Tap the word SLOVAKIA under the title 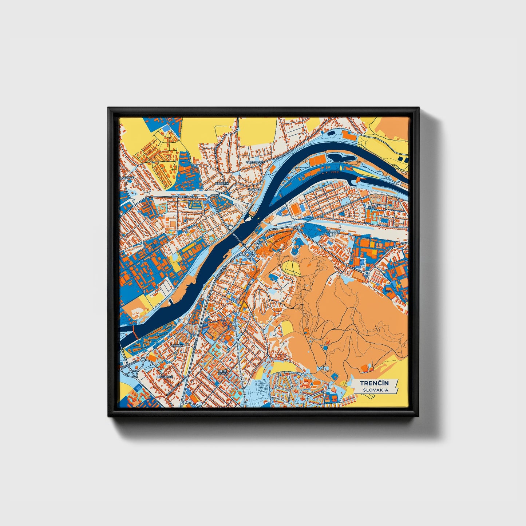point(375,390)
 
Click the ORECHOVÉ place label point(254,162)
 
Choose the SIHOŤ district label point(372,206)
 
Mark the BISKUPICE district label point(165,377)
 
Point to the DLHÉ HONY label point(222,372)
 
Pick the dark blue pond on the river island point(340,158)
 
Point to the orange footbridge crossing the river point(134,331)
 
